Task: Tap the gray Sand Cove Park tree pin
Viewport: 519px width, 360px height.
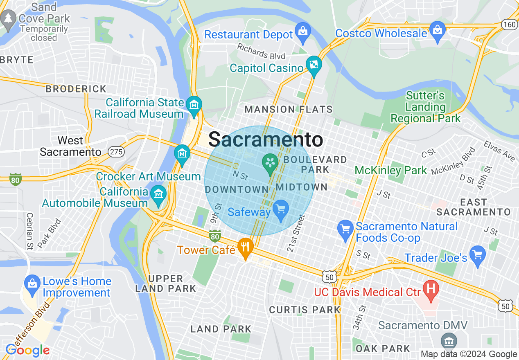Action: coord(8,20)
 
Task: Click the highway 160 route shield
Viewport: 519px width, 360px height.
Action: coord(510,25)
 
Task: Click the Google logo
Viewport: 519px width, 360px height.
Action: coord(27,350)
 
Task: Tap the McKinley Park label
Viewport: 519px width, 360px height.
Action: coord(390,170)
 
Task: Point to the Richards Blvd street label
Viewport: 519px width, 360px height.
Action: coord(261,51)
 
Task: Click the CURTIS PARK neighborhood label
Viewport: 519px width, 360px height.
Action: coord(305,310)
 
